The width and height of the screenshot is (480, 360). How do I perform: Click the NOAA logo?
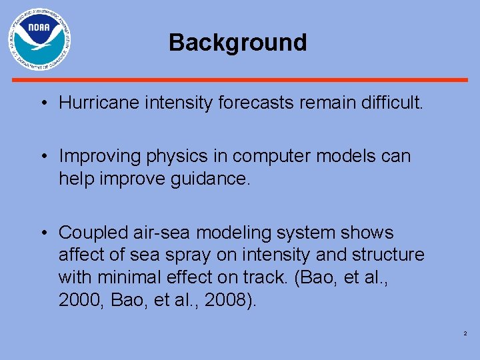[39, 40]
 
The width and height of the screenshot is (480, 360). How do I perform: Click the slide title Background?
[238, 43]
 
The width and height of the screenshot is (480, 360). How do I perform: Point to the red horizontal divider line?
[240, 80]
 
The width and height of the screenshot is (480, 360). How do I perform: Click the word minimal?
[126, 277]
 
